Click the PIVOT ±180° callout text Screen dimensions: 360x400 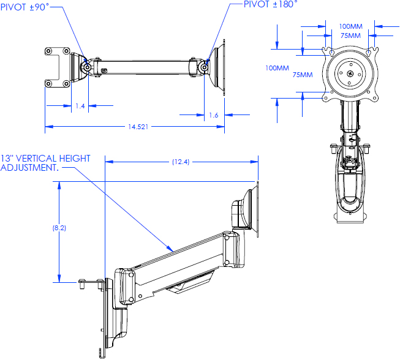tap(270, 4)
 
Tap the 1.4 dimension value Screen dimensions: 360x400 tap(80, 106)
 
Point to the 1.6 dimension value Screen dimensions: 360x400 tap(213, 114)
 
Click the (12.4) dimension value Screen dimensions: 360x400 tap(181, 162)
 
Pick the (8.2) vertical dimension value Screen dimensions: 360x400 tap(59, 227)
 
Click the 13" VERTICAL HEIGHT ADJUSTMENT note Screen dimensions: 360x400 tap(45, 163)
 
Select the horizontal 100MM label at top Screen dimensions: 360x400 tap(350, 26)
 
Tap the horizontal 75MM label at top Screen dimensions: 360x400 tap(350, 36)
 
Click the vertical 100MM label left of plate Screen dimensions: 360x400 tap(277, 68)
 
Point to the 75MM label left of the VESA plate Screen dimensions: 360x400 tap(302, 75)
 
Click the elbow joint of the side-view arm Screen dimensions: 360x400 tap(233, 249)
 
